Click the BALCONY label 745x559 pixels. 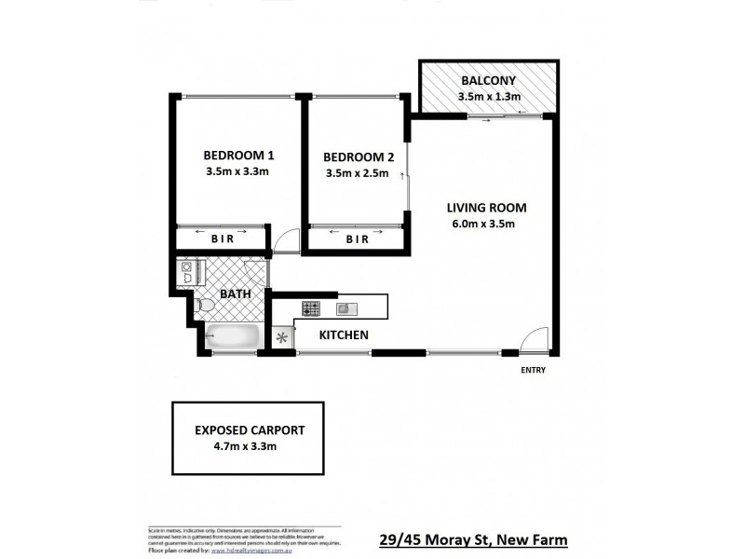[488, 80]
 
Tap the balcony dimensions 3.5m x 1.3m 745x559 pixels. [488, 97]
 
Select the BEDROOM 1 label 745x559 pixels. [237, 156]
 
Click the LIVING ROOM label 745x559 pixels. [486, 207]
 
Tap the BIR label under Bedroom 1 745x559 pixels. [222, 239]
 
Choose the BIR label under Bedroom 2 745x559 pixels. [357, 239]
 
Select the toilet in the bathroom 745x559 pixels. [206, 305]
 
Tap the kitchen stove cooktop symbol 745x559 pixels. [310, 307]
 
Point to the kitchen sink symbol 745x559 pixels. [345, 307]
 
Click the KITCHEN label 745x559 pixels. [345, 334]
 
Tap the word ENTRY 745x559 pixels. [534, 370]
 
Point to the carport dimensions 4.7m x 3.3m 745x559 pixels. [245, 447]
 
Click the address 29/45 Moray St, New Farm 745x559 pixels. [474, 539]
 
